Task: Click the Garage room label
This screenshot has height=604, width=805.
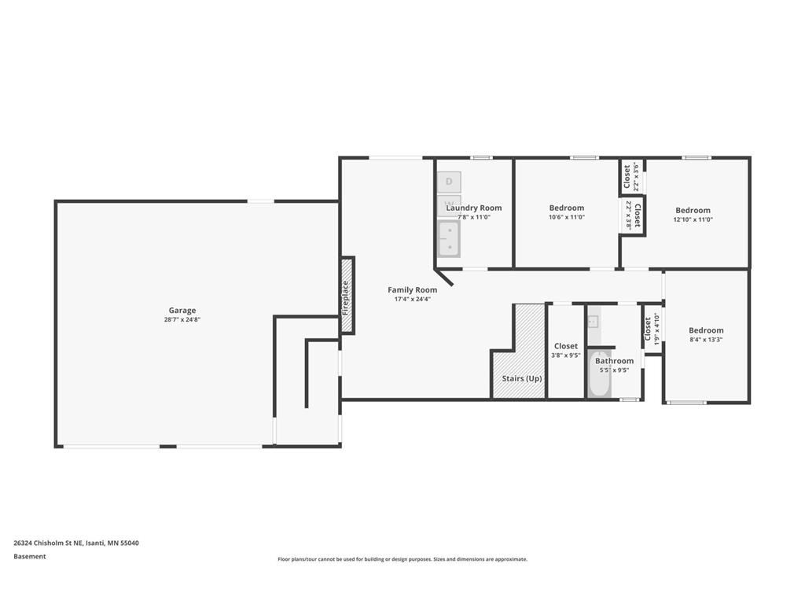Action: (x=182, y=310)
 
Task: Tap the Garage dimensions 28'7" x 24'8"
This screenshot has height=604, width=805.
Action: (x=182, y=319)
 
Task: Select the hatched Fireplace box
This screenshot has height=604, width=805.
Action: (x=347, y=296)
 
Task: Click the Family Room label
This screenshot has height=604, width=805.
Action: (x=412, y=289)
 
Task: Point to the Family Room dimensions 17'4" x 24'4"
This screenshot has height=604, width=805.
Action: (x=412, y=299)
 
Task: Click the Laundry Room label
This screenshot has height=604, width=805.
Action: (x=474, y=208)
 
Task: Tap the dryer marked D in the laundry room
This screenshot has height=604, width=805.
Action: (x=449, y=182)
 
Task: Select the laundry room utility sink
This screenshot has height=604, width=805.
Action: (x=449, y=238)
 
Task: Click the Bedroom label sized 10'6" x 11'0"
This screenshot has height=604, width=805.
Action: (x=566, y=208)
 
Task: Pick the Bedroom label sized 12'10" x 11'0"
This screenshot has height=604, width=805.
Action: (x=693, y=210)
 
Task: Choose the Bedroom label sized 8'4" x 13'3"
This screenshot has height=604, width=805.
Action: (x=706, y=330)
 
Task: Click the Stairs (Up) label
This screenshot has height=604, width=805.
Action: (x=522, y=378)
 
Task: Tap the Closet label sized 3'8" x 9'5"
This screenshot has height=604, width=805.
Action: (x=566, y=346)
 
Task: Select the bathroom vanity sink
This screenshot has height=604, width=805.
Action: (x=594, y=321)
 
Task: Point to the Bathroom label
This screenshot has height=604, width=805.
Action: (x=614, y=361)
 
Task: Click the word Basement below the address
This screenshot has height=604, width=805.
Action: (x=30, y=556)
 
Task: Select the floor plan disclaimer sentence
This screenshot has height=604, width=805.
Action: (x=402, y=559)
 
